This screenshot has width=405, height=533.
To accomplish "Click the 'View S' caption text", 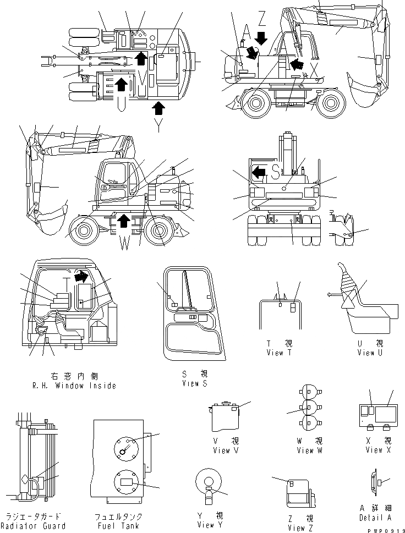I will click(x=194, y=383).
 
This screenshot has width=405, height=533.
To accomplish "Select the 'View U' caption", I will click(x=373, y=353).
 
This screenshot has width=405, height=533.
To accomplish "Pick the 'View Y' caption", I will click(x=210, y=525).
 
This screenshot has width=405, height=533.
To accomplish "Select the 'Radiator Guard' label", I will click(x=35, y=526).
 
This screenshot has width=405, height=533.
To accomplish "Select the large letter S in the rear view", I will click(x=275, y=172).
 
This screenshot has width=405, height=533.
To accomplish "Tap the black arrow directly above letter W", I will click(x=124, y=221).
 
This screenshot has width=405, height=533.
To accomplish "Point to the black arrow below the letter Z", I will click(x=261, y=38).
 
